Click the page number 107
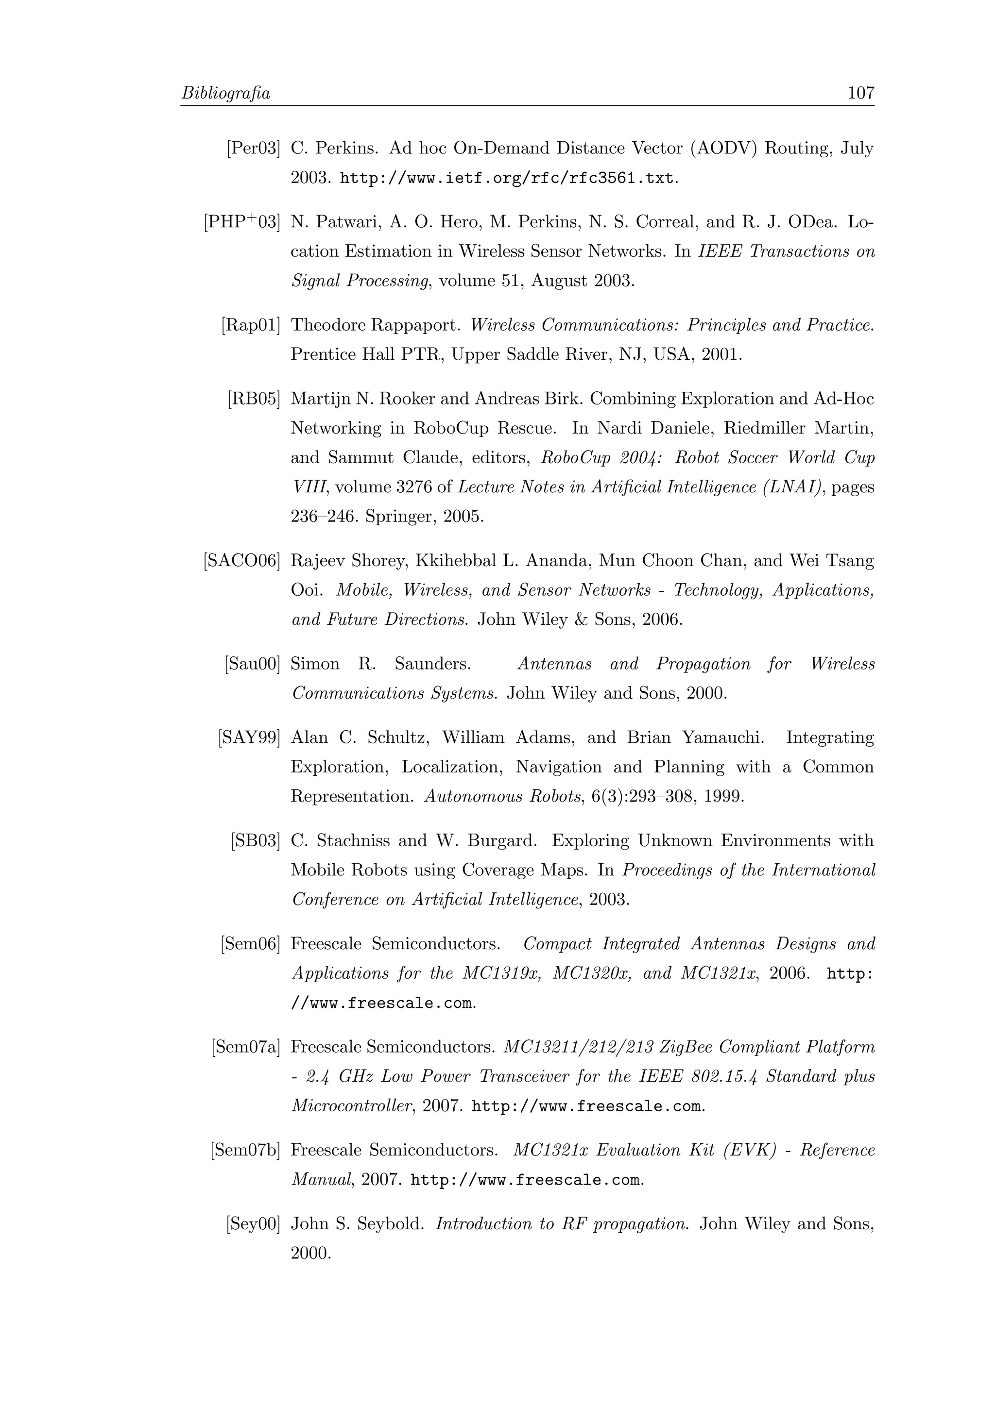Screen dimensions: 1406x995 (860, 93)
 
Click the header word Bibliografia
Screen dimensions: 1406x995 (226, 94)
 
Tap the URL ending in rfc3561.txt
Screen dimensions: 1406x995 (507, 179)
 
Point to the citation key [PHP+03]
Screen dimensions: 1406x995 (242, 222)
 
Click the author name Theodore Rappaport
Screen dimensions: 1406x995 (375, 325)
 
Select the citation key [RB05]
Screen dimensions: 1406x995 (254, 399)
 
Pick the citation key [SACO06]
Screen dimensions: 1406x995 (242, 561)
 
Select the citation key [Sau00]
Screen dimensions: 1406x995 (253, 664)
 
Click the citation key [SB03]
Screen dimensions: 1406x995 (256, 841)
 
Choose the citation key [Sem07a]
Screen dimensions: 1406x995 (246, 1047)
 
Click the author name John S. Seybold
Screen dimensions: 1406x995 (357, 1224)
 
